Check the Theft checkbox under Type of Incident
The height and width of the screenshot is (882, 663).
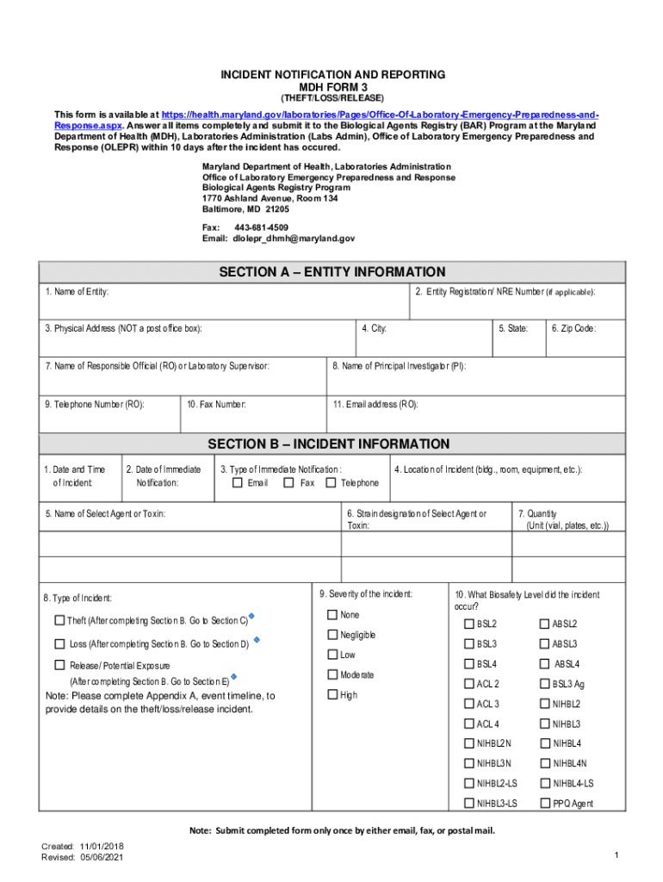point(59,621)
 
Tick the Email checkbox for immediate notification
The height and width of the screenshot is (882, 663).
point(238,483)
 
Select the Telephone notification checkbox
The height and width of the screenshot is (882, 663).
point(331,483)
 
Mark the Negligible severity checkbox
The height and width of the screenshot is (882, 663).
point(332,635)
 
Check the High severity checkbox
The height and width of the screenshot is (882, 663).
point(332,695)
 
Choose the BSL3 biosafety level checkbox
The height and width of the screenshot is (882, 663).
point(469,644)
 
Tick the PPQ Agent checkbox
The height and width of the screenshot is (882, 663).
point(545,804)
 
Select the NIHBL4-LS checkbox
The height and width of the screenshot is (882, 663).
point(545,784)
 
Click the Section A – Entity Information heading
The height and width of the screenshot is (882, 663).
point(331,272)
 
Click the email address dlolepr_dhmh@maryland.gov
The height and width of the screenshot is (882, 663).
point(293,239)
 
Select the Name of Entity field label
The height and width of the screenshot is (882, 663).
point(77,293)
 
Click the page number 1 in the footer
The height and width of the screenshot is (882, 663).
point(617,854)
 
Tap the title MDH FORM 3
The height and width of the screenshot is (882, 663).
point(331,88)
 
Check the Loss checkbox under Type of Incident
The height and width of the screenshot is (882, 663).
point(59,644)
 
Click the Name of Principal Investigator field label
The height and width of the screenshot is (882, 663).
point(400,366)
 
